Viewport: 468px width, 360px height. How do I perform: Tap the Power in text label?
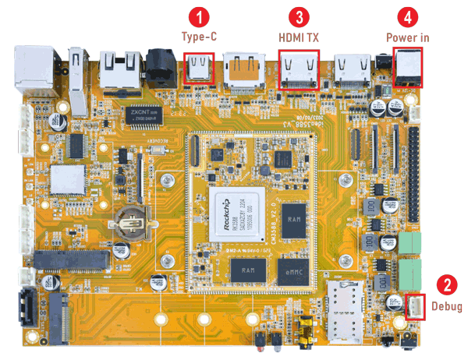408,37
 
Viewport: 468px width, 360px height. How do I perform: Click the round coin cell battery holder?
130,224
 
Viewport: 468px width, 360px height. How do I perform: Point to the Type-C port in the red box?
200,69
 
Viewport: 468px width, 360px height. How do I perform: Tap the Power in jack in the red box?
409,66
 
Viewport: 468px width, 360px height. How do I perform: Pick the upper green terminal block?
410,242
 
